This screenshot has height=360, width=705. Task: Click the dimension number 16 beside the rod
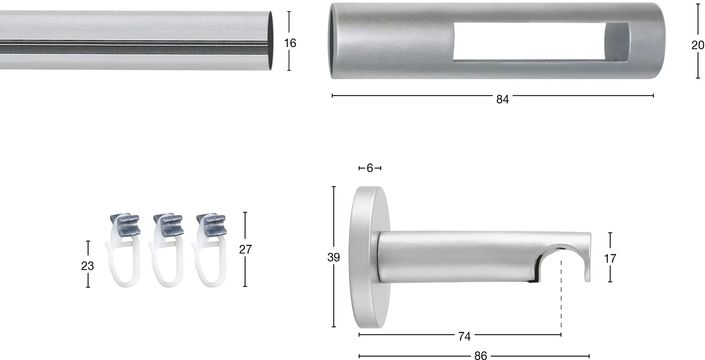tap(290, 43)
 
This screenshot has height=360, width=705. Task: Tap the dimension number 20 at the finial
tap(698, 45)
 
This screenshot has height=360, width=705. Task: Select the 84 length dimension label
tap(502, 99)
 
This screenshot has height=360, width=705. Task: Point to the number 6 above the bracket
tap(370, 168)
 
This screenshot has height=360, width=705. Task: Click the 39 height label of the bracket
tap(334, 257)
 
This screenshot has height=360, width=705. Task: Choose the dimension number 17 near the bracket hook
tap(610, 258)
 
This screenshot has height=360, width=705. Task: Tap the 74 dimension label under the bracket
tap(464, 336)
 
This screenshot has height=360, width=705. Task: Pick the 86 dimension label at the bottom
tap(481, 356)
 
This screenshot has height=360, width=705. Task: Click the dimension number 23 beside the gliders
tap(87, 266)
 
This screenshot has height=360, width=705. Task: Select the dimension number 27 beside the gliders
tap(245, 249)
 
